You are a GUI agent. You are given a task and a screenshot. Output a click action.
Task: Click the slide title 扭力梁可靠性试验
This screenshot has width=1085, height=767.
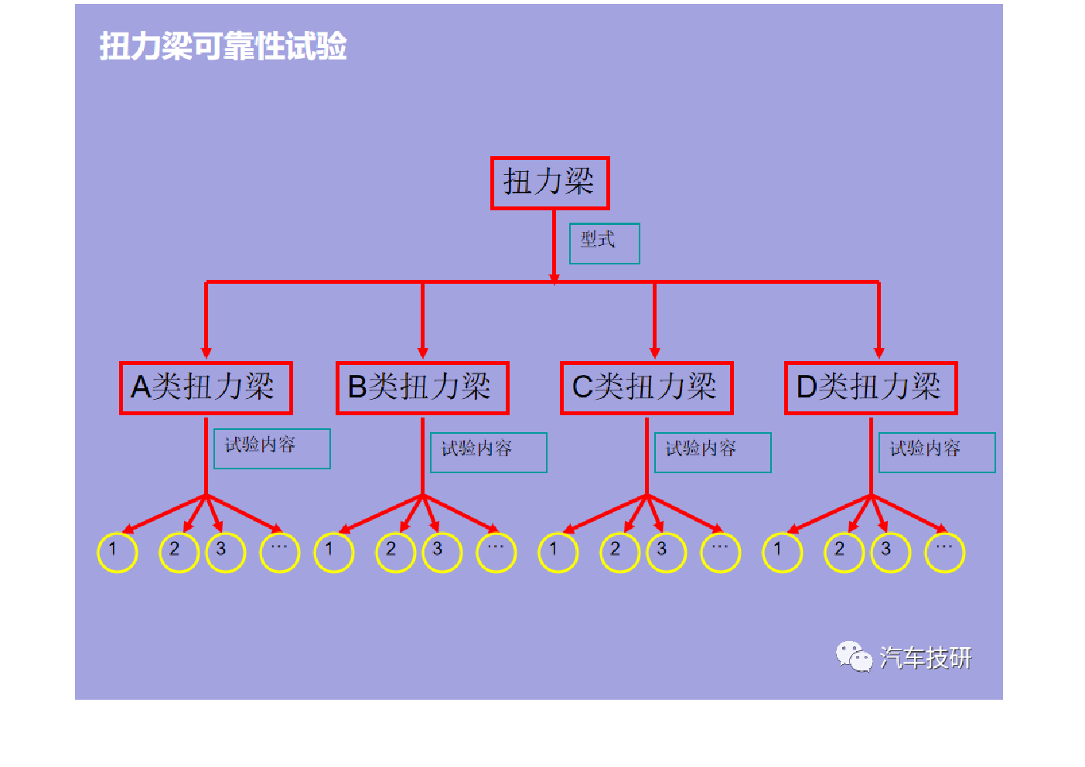(223, 46)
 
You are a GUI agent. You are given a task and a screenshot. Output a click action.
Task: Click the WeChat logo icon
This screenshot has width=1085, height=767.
(854, 656)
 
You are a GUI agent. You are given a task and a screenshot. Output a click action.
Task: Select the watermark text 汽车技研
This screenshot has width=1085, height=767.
(926, 657)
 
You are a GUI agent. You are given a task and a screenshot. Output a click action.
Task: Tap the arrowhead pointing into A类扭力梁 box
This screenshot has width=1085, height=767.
(206, 353)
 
